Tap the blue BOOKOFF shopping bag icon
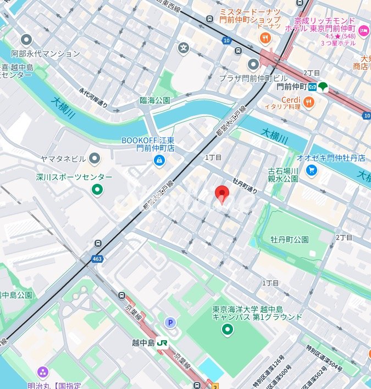click(x=159, y=160)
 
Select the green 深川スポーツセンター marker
click(x=97, y=190)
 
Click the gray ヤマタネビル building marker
click(x=95, y=159)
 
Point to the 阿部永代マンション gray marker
click(x=26, y=40)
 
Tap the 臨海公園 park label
click(x=155, y=100)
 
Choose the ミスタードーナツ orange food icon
click(x=265, y=37)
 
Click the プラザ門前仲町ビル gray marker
click(x=253, y=64)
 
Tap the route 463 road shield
click(x=97, y=258)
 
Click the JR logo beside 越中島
click(x=162, y=342)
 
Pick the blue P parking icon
click(x=170, y=323)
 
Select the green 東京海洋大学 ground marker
click(x=227, y=329)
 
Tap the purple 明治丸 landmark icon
click(x=42, y=372)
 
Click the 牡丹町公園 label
click(x=289, y=240)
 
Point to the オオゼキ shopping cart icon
click(x=312, y=171)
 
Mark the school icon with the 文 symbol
click(x=183, y=48)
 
